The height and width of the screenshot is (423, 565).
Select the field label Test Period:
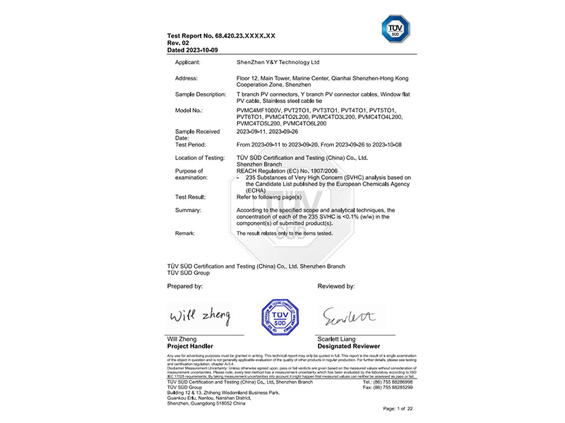point(191,143)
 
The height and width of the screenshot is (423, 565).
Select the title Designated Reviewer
point(349,346)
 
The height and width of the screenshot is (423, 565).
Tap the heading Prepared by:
point(185,286)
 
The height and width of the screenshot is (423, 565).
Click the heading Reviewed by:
point(335,286)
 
